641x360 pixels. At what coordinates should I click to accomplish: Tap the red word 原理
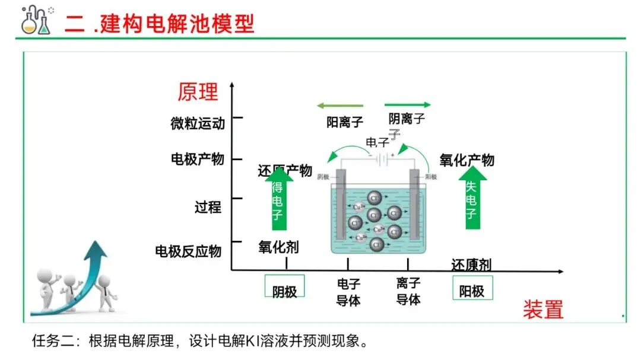pos(198,92)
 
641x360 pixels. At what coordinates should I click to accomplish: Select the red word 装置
pos(542,309)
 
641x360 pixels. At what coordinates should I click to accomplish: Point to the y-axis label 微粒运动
pos(198,123)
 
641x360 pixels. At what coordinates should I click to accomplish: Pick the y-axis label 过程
pos(208,207)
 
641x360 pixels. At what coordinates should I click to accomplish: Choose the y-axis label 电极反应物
pos(188,251)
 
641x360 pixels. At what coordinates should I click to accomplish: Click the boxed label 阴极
pos(284,291)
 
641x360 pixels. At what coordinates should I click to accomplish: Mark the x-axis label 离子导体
pos(408,292)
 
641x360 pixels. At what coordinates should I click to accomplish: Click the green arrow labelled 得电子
pos(278,200)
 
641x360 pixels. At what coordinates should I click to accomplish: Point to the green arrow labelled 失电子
pos(471,199)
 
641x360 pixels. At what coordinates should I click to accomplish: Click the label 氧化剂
pos(278,247)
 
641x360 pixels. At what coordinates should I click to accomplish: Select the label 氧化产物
pos(467,160)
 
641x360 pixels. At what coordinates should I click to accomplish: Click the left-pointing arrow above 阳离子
pos(339,106)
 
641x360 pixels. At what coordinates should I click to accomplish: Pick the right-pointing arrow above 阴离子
pos(408,105)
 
